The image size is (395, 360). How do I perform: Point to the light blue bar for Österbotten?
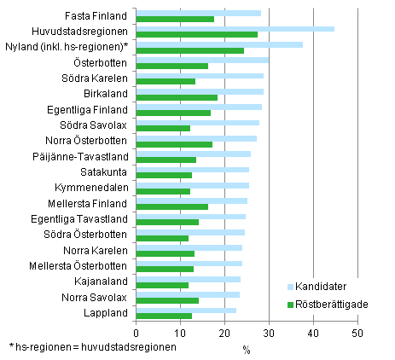point(202,60)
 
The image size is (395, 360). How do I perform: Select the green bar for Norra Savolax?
point(167,300)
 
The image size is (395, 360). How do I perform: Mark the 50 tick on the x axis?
point(357,333)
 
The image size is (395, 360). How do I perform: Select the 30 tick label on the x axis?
point(269,333)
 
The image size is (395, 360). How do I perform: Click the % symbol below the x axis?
point(247,348)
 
